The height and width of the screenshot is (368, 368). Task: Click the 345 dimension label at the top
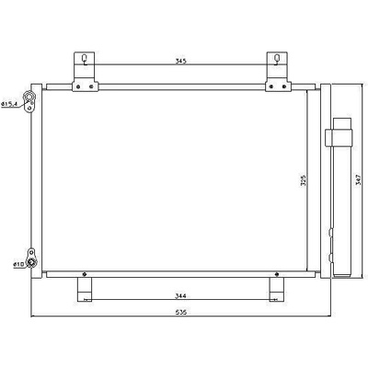pyautogui.click(x=181, y=61)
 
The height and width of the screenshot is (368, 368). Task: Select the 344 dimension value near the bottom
pyautogui.click(x=181, y=296)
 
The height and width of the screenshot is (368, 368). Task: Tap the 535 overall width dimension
pyautogui.click(x=181, y=313)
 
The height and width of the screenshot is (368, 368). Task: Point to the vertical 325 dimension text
pyautogui.click(x=304, y=181)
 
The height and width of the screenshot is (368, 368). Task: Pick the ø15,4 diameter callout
pyautogui.click(x=9, y=104)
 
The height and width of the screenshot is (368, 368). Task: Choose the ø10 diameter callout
pyautogui.click(x=18, y=264)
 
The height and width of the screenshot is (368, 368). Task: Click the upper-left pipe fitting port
pyautogui.click(x=29, y=98)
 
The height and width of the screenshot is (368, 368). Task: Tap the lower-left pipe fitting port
pyautogui.click(x=31, y=262)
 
